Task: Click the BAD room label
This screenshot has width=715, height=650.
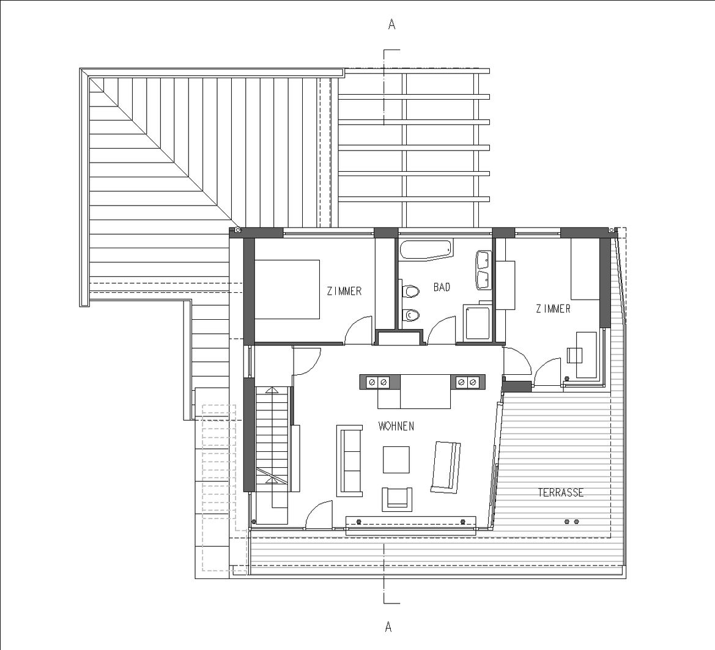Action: pos(442,287)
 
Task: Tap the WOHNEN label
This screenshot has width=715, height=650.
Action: pos(396,426)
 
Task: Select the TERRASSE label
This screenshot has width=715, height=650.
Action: pos(560,492)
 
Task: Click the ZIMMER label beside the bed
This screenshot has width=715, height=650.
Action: pos(344,291)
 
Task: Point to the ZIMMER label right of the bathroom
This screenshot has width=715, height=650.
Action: pos(553,309)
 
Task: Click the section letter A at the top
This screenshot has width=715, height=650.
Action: pos(391,24)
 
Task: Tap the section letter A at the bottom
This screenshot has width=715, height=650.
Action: pos(388,627)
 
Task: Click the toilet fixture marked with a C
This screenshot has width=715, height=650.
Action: pos(411,315)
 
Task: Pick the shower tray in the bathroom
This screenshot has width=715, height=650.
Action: pos(478,322)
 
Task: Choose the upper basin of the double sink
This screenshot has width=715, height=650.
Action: pos(483,259)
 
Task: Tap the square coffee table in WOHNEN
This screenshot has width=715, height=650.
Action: pos(396,460)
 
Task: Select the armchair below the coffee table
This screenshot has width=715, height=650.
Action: pos(397,498)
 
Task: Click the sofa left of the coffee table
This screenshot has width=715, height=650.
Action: pos(350,459)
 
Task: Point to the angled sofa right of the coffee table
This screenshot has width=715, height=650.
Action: pos(446,467)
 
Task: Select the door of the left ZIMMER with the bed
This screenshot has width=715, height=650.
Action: pos(358,330)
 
